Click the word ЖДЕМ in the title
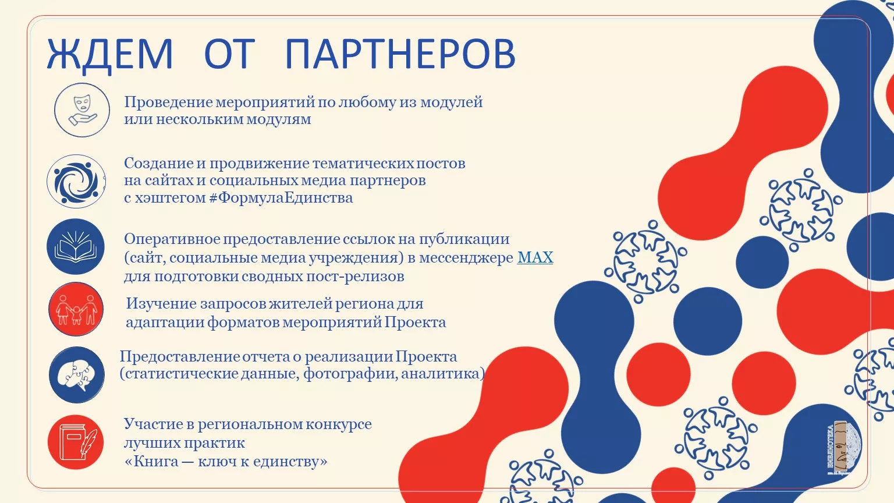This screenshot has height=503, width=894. coord(110,54)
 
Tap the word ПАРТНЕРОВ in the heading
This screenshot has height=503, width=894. coord(400,54)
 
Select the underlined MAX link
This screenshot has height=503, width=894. coord(535,257)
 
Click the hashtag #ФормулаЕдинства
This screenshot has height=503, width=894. coord(281,197)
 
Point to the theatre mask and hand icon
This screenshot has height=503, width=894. coord(82,110)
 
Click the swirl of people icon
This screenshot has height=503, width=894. coord(76,181)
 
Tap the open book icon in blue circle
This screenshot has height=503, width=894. coord(76,246)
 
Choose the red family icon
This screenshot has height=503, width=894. coord(76,309)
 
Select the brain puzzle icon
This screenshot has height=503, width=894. coord(77,374)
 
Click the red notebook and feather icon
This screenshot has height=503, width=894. coord(76,442)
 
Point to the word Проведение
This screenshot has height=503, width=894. coord(168,102)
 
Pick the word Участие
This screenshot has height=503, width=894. coord(153,424)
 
